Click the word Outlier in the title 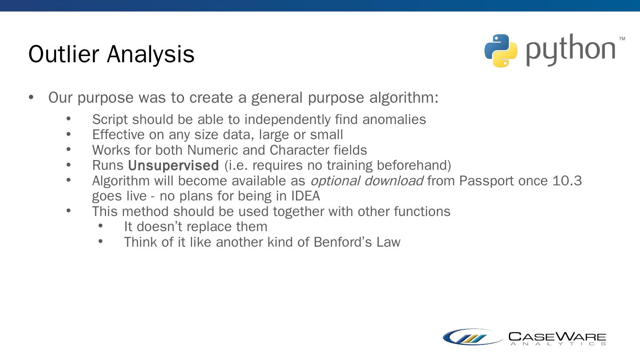[x=64, y=54]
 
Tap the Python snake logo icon [x=501, y=51]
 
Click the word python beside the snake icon [x=571, y=50]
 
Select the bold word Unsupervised [x=173, y=165]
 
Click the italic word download [x=394, y=180]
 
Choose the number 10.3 [x=567, y=181]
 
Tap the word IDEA [x=305, y=196]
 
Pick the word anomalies [x=394, y=120]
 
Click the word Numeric [x=212, y=150]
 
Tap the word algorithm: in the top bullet [x=404, y=98]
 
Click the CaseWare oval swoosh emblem [x=473, y=337]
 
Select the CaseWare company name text [x=557, y=339]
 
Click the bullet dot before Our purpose [x=31, y=97]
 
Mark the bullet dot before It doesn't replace [x=100, y=226]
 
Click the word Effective [x=118, y=135]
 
